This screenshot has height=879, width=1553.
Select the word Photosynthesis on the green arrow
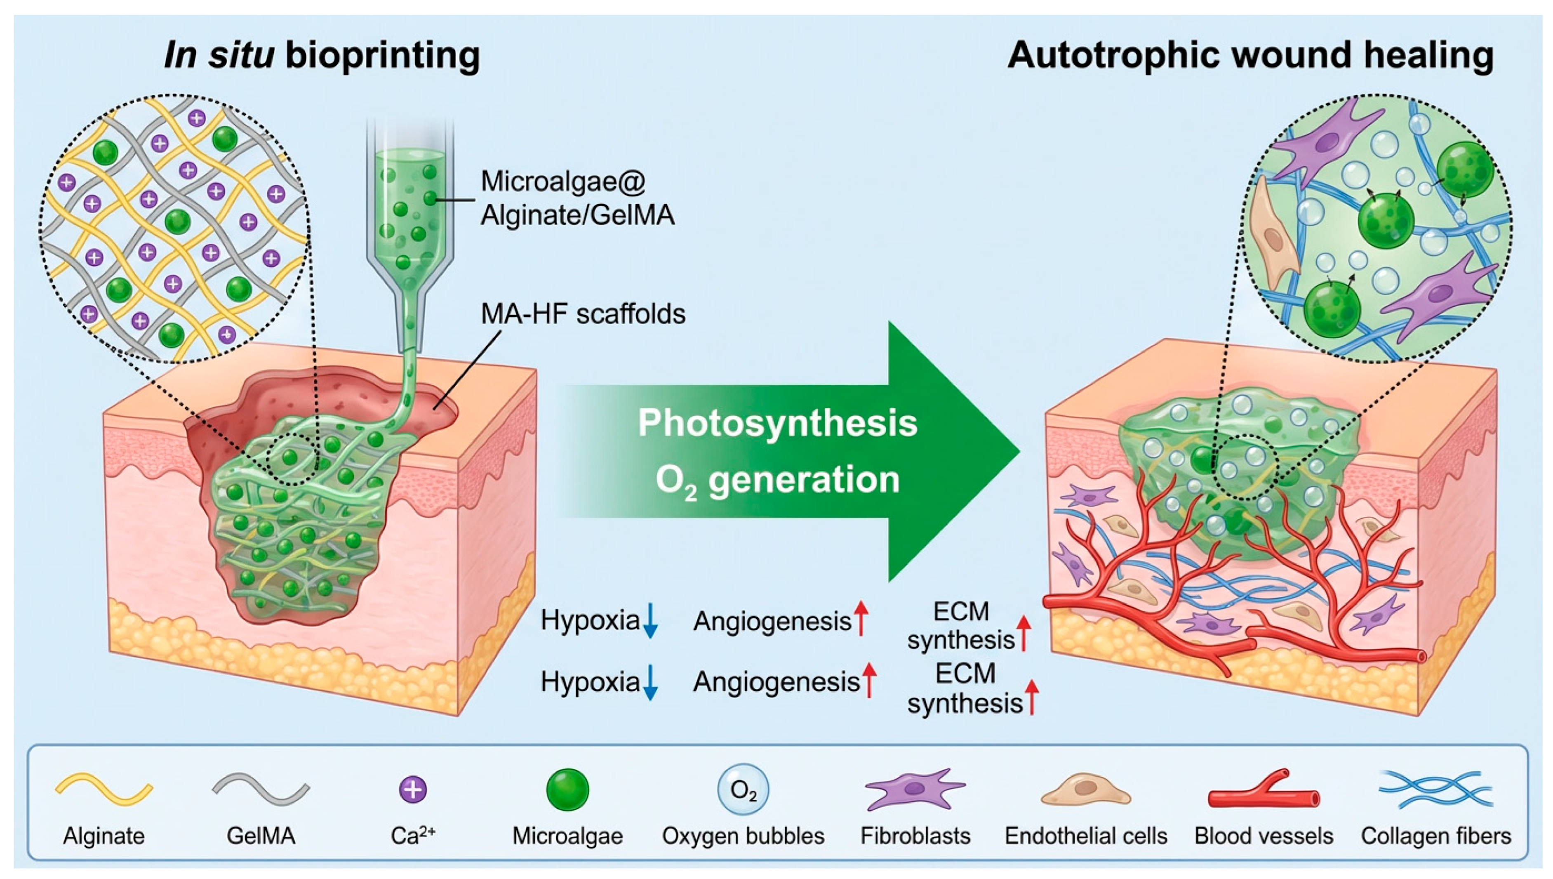click(777, 423)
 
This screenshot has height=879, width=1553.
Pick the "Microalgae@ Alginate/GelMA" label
click(576, 198)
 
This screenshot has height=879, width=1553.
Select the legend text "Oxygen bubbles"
click(743, 836)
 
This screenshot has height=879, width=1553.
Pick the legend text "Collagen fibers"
click(1436, 836)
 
